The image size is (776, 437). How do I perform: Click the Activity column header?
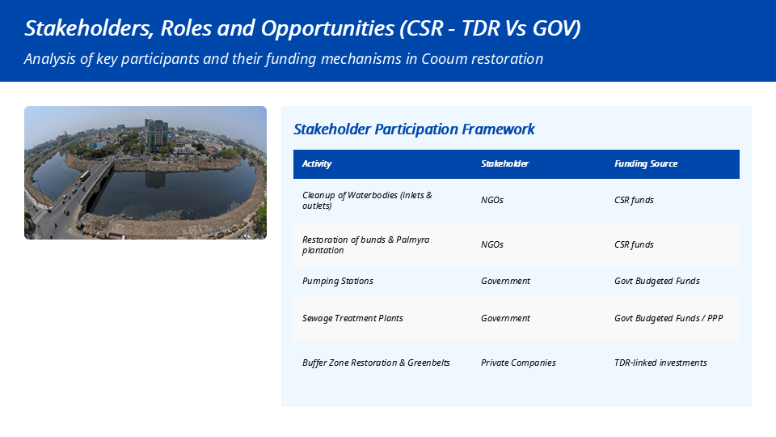click(317, 164)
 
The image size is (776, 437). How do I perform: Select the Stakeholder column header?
click(504, 164)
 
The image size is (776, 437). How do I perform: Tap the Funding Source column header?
click(646, 164)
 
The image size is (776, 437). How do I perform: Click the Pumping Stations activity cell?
click(338, 281)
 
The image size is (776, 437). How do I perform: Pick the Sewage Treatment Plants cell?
click(352, 318)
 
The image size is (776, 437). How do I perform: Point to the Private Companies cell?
click(518, 363)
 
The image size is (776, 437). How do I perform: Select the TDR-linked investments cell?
click(660, 363)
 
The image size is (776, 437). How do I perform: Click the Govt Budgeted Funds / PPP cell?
click(668, 318)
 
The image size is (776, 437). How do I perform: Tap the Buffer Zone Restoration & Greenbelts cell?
click(376, 363)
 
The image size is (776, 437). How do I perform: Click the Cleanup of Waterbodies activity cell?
click(367, 200)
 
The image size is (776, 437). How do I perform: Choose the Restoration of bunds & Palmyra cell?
click(365, 244)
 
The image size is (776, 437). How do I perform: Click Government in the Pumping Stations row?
click(505, 281)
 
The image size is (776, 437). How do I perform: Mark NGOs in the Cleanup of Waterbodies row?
click(492, 200)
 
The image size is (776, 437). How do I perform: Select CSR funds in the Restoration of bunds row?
click(634, 244)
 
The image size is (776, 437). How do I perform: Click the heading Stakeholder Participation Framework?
click(414, 129)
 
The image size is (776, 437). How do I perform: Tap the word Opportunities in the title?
click(327, 28)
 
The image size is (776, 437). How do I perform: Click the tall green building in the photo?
click(156, 135)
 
